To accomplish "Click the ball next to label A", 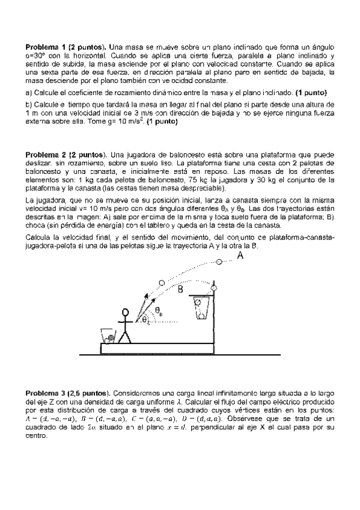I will point(219,262).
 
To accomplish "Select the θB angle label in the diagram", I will point(159,311).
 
